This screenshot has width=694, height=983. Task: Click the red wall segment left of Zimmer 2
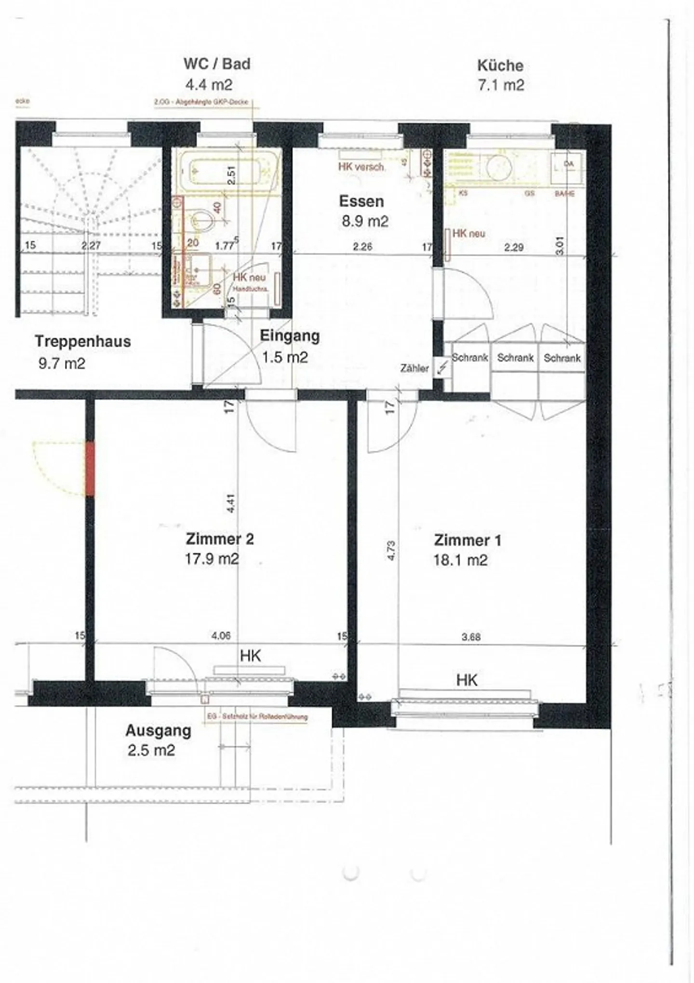point(90,469)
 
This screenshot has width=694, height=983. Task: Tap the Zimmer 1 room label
point(467,540)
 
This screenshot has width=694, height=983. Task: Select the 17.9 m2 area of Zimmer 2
point(212,559)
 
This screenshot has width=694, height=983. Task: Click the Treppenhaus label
point(82,341)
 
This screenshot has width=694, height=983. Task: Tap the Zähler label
point(414,368)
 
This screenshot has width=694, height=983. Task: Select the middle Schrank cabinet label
point(515,358)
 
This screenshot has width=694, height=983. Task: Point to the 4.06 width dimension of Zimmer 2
point(221,636)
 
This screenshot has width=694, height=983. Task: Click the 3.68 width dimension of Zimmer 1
point(470,637)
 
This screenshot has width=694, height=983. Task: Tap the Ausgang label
point(158,730)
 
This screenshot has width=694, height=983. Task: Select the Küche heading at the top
point(500,65)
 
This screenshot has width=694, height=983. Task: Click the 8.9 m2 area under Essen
point(365,221)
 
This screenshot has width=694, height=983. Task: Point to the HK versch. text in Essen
point(361,167)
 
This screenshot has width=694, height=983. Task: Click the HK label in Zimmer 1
point(467,680)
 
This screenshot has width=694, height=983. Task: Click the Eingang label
point(290,336)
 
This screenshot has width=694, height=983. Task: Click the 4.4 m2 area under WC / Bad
point(209,85)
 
